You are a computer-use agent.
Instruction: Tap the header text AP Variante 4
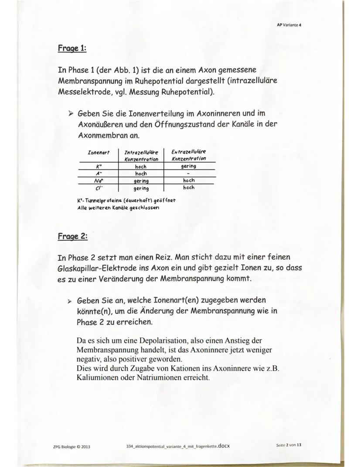(x=289, y=25)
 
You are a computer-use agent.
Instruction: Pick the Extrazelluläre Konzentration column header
(x=189, y=156)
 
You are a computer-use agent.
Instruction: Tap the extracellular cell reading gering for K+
(x=189, y=166)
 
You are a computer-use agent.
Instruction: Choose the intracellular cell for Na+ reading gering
(x=141, y=181)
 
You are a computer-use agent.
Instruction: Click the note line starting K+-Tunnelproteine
(x=126, y=201)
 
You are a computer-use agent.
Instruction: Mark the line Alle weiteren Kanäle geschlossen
(x=118, y=208)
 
